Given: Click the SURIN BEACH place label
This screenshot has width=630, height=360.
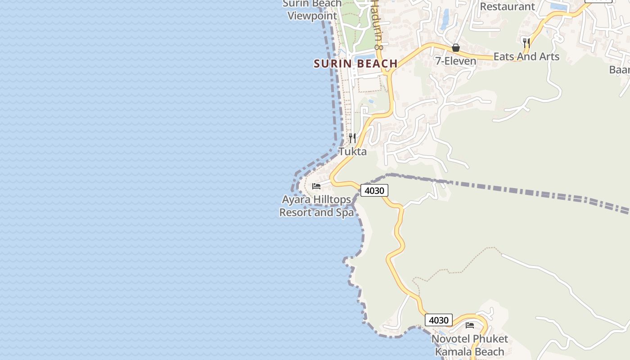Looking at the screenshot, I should point(355,63).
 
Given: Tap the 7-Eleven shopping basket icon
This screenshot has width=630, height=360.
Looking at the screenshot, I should point(456,48).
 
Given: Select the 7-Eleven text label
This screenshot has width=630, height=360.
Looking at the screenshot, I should point(455,61).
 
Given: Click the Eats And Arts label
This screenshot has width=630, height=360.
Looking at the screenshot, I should point(526,57).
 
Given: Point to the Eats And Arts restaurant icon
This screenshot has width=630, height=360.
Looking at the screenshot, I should point(526,43).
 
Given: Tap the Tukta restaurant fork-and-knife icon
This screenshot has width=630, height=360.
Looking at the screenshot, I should point(352,138).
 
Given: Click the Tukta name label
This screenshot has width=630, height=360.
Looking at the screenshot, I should point(352,152).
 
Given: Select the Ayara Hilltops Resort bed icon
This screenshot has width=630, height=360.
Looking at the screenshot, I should point(316,186).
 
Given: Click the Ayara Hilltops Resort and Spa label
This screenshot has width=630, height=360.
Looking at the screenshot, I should point(316,206).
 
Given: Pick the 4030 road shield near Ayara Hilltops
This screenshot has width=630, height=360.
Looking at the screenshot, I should point(374,191).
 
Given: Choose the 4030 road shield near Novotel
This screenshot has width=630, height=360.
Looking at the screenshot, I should point(438,320).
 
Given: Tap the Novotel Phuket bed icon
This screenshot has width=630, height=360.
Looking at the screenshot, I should point(470,325).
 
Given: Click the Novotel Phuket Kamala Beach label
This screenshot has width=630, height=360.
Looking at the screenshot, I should point(469,345).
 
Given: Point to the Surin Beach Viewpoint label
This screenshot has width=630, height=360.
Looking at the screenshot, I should point(312,10).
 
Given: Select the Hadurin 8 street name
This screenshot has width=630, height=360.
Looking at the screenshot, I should point(377,25).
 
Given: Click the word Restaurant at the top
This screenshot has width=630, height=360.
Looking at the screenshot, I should point(507,7).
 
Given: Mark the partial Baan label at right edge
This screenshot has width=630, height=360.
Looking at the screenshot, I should point(619,70).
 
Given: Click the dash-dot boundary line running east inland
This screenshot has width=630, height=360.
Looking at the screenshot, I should point(517,190).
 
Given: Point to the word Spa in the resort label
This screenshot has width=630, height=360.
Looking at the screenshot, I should point(345,212).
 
